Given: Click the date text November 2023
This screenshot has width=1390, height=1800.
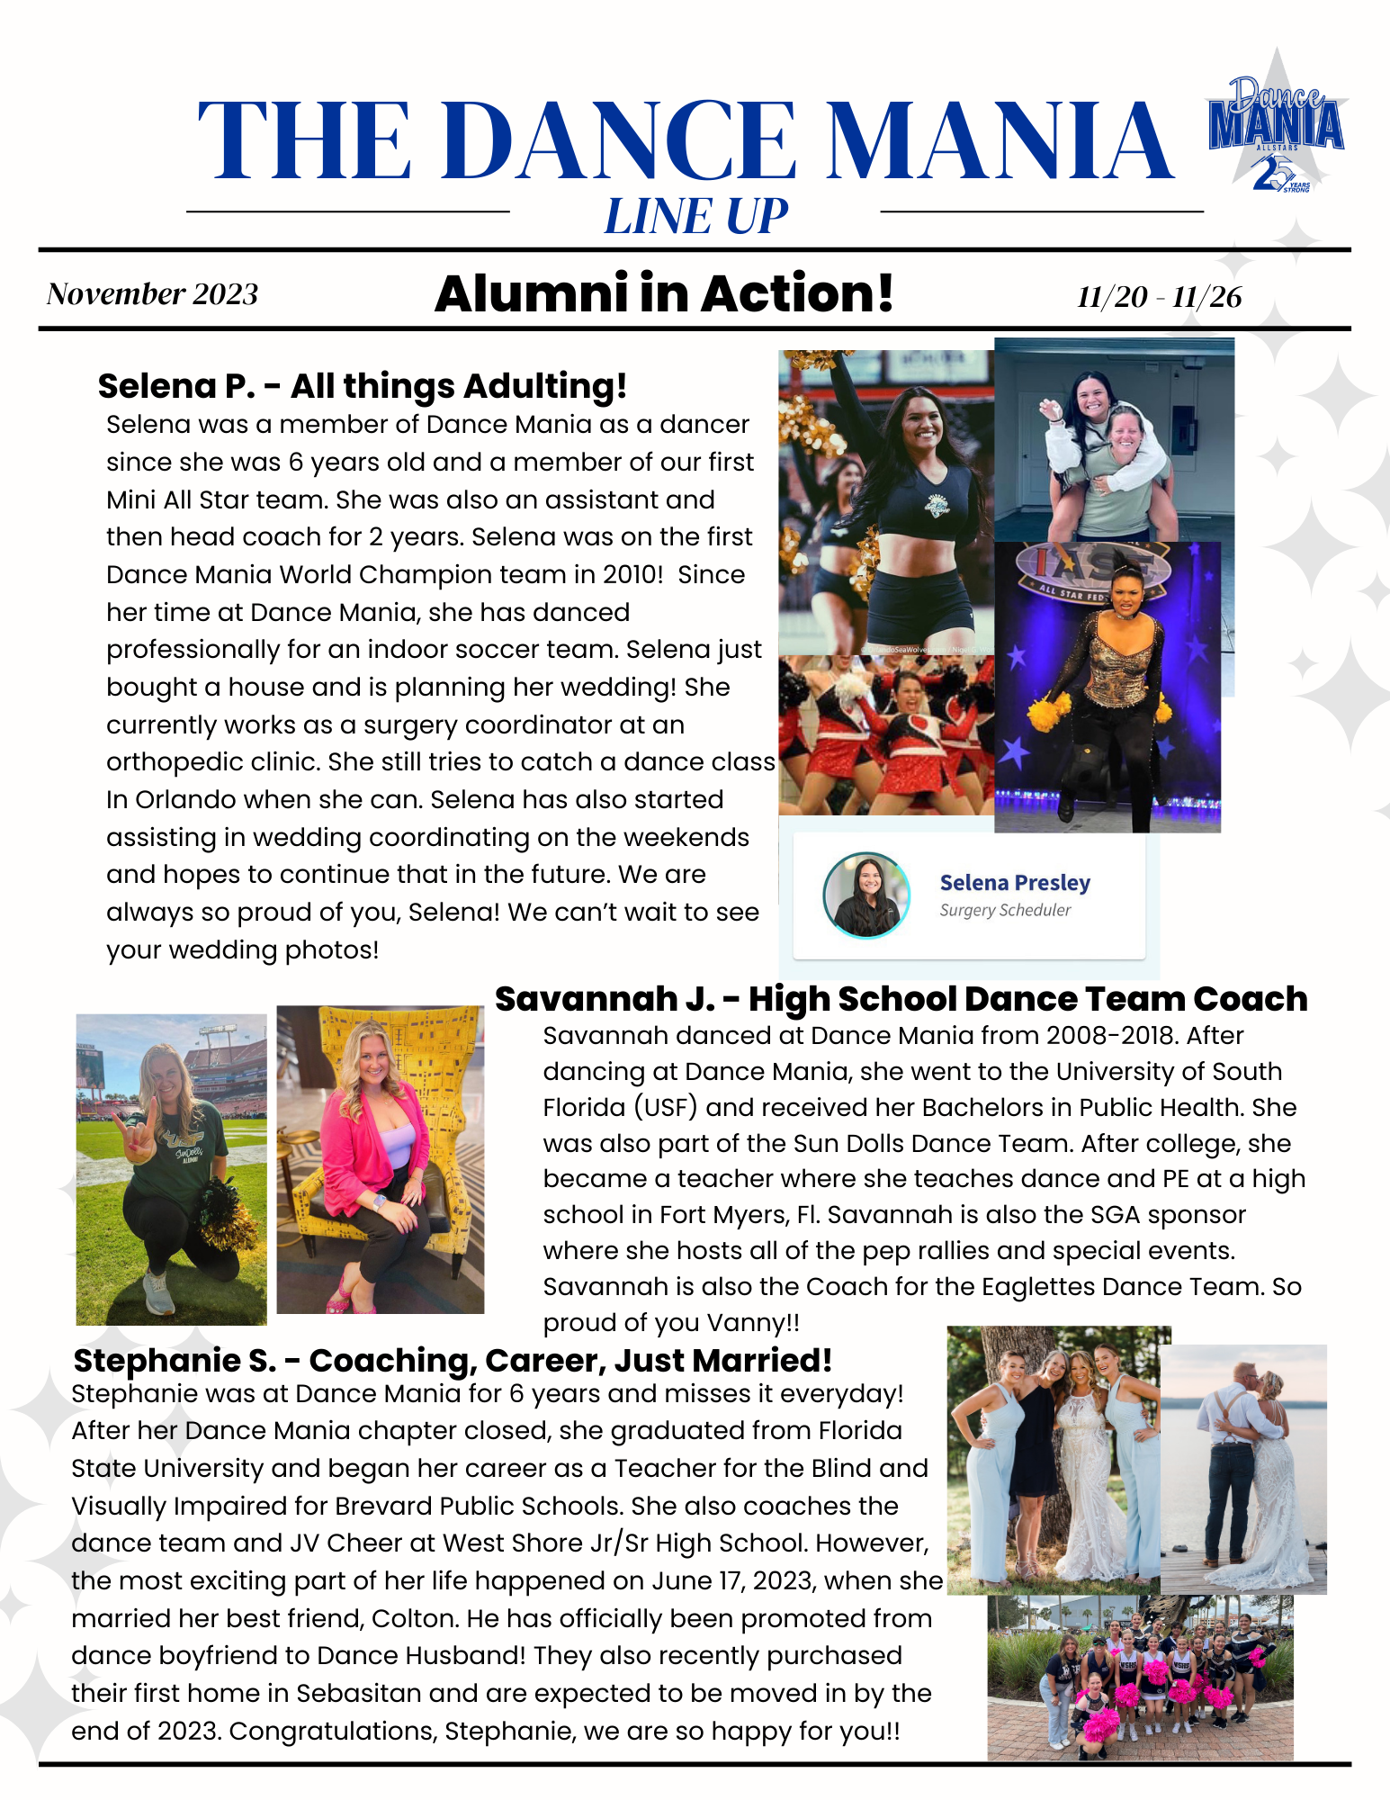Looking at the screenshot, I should tap(152, 293).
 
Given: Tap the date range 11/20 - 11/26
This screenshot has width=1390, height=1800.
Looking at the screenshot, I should tap(1159, 296).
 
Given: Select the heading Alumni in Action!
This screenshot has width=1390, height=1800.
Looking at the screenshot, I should tap(664, 293).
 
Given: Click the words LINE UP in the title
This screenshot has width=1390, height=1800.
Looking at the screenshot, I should tap(695, 216).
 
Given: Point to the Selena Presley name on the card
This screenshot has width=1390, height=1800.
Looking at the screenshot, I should tap(1014, 883).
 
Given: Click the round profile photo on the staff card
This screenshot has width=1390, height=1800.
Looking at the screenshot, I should tap(866, 895).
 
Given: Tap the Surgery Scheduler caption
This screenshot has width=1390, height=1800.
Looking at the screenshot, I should tap(1005, 910).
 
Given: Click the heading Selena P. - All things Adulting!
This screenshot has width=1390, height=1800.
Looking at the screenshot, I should tap(362, 386).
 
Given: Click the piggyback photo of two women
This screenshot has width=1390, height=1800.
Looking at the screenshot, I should tap(1114, 441).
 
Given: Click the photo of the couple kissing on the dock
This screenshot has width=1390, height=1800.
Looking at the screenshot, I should tap(1243, 1468).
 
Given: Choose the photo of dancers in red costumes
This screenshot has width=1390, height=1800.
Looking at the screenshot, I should tap(885, 734).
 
